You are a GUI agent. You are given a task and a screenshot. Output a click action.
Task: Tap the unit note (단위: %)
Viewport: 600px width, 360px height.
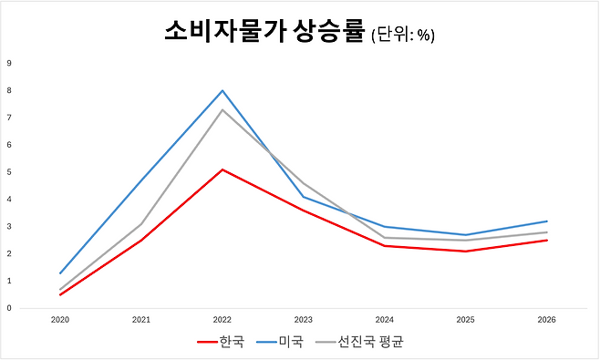402,36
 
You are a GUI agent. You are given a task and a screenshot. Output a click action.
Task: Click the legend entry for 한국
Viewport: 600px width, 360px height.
222,343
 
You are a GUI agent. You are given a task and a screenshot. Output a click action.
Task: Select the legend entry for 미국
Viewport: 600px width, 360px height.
282,343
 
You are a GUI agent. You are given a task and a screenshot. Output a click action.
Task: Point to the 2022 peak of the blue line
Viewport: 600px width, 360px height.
222,90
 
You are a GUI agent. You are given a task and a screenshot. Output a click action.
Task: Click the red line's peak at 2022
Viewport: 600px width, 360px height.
222,170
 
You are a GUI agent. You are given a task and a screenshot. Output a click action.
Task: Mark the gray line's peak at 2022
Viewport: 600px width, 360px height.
222,109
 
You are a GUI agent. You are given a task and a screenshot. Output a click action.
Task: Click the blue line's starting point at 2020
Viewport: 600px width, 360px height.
60,273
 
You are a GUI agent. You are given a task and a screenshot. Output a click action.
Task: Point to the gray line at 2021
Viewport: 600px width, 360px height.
141,223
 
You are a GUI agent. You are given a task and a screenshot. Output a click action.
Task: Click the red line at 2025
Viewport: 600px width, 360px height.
466,251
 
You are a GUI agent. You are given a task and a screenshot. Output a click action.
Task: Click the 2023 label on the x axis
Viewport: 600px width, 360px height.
304,321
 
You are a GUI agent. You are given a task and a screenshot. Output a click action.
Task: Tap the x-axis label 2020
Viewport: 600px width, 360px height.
60,321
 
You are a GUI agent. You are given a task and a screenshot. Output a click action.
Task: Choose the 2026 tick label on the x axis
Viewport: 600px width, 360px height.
547,321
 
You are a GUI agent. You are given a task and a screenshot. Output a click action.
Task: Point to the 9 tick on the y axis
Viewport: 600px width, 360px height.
9,63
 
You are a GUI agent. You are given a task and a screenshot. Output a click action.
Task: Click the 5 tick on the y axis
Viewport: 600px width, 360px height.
9,171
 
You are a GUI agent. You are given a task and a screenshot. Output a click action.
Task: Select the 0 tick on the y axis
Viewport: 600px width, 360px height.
9,308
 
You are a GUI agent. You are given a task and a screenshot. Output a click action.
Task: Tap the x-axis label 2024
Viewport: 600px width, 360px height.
385,321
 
